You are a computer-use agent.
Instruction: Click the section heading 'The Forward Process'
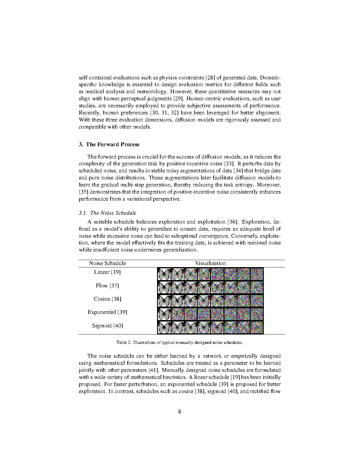click(112, 144)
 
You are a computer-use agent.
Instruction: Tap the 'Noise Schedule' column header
click(107, 263)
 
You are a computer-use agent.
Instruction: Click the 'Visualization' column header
click(210, 263)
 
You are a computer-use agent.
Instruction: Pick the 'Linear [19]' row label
click(107, 272)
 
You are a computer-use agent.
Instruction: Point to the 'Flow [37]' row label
click(107, 286)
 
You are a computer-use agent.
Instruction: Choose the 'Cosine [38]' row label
click(107, 299)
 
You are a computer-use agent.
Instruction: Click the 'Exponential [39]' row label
click(107, 312)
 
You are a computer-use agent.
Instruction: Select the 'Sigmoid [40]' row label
click(107, 326)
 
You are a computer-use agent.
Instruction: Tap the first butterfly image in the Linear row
click(164, 274)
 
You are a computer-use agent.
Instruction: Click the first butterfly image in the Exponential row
click(164, 314)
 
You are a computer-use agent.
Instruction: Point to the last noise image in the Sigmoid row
click(256, 327)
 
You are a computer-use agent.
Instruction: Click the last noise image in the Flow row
click(256, 287)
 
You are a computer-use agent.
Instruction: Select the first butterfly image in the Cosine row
click(164, 301)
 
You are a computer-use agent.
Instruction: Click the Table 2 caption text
click(179, 342)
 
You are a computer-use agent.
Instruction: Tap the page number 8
click(180, 412)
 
